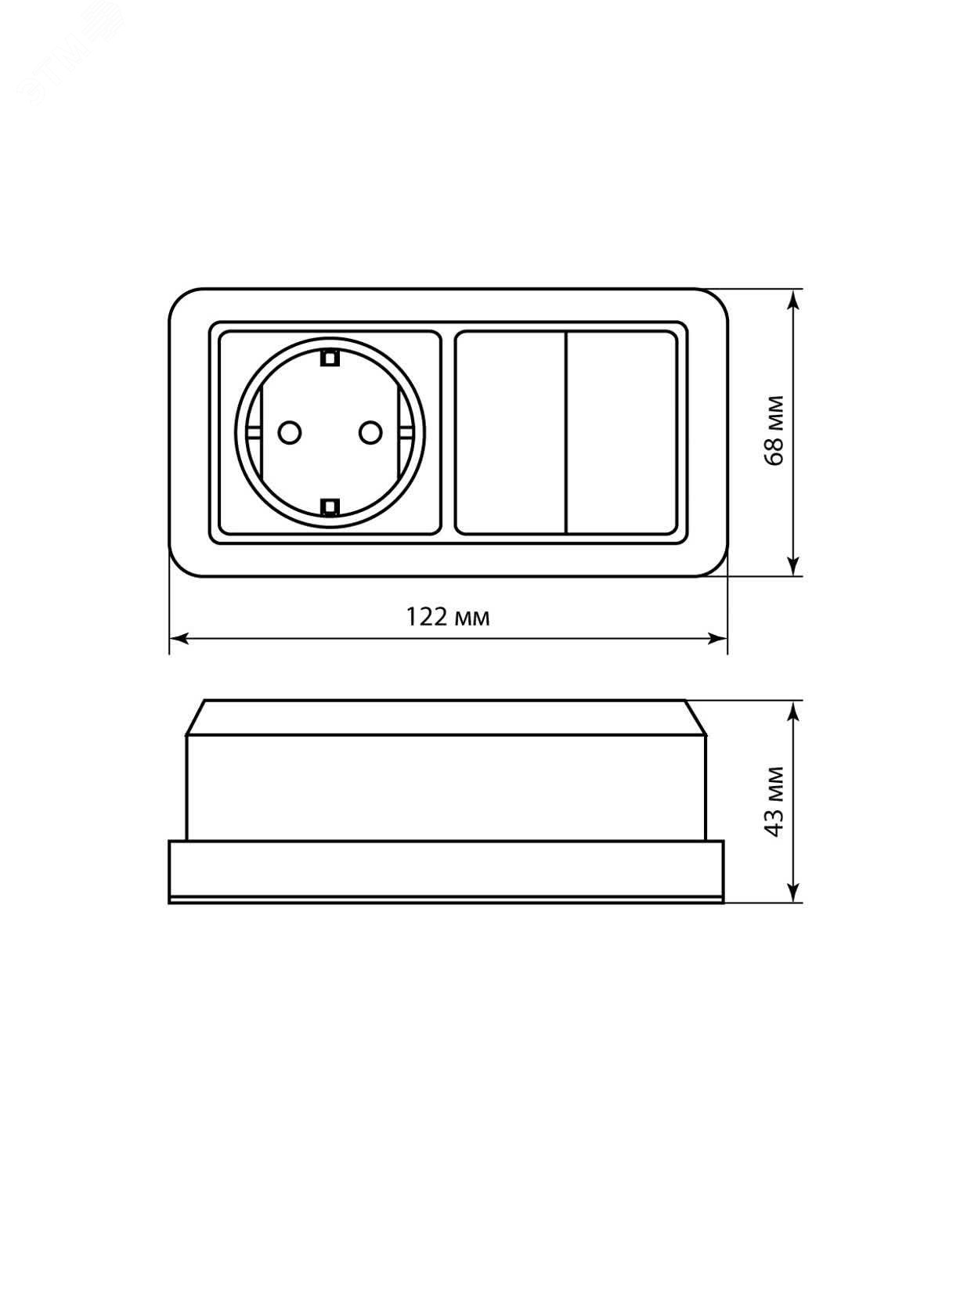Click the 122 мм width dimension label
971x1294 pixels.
[x=448, y=617]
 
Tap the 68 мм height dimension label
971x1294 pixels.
[x=774, y=431]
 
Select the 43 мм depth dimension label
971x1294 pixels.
[x=774, y=801]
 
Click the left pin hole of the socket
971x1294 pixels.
[x=289, y=433]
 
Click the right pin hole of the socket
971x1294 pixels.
[x=371, y=433]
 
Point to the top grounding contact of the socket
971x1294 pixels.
[x=330, y=357]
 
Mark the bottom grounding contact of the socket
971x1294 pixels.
[x=330, y=506]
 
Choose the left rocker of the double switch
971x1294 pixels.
[x=511, y=433]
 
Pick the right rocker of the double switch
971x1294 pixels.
[x=622, y=433]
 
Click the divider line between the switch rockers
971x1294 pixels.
[x=566, y=433]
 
